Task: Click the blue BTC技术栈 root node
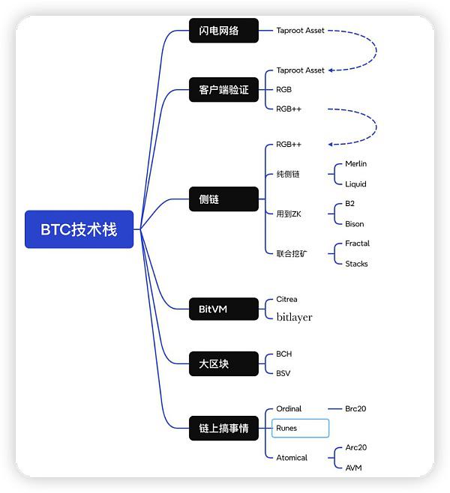tap(79, 229)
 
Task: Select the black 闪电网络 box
tap(223, 31)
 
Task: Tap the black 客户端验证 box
tap(223, 90)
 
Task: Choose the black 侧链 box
tap(223, 199)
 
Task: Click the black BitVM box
tap(223, 308)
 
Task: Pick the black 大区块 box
tap(223, 363)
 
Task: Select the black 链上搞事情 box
tap(223, 429)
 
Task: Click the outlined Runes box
tap(299, 429)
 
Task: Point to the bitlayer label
tap(294, 318)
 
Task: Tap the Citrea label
tap(286, 299)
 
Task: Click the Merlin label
tap(355, 164)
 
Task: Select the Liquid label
tap(355, 184)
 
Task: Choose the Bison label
tap(354, 223)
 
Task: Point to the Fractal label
tap(357, 244)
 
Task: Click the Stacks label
tap(356, 263)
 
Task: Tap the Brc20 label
tap(355, 409)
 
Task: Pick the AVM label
tap(353, 468)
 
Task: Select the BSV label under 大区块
tap(283, 373)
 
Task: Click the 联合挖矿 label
tap(292, 253)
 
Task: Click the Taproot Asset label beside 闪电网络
tap(300, 31)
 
